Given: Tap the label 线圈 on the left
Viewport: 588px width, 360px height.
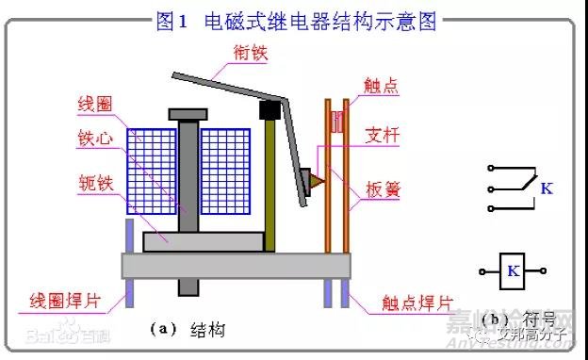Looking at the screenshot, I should pyautogui.click(x=97, y=103).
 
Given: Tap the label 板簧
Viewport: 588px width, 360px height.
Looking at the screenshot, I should pyautogui.click(x=384, y=188).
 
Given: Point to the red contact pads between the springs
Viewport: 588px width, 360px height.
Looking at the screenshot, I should pyautogui.click(x=336, y=121).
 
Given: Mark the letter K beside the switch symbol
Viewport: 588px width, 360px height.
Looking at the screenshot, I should pyautogui.click(x=547, y=190).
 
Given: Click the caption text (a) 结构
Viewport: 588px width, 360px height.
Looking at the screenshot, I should pyautogui.click(x=188, y=329).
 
